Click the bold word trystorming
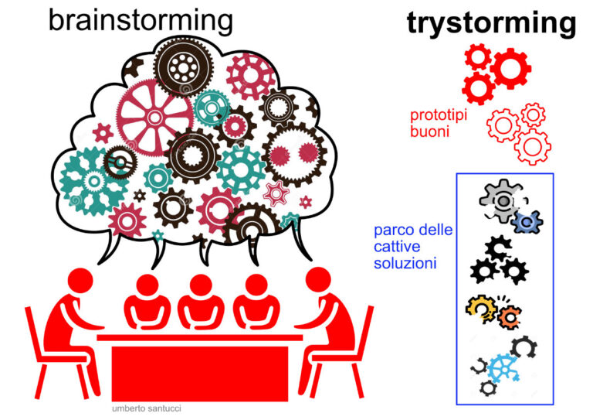(x=491, y=23)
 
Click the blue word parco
(x=392, y=230)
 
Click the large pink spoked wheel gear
(x=155, y=116)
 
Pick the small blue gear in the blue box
(x=527, y=222)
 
